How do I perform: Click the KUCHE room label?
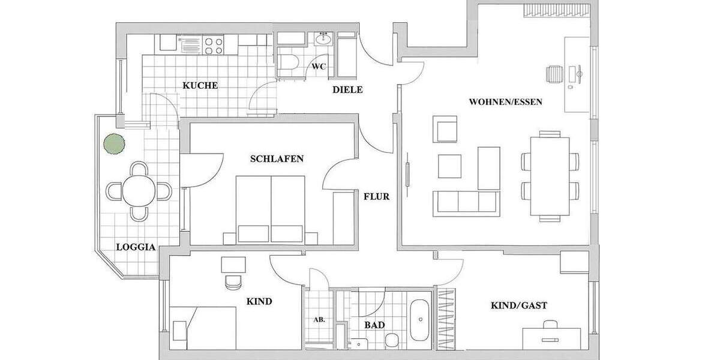[200, 86]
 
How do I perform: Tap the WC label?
[318, 67]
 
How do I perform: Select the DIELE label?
[348, 90]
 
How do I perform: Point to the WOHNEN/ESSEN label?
[505, 102]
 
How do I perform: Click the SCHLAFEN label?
[277, 159]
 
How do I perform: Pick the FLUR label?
[376, 196]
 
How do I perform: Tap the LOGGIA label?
[136, 247]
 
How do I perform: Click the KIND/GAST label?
[519, 305]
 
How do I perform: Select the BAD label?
[374, 325]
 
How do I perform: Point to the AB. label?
[319, 320]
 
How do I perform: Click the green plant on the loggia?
[114, 144]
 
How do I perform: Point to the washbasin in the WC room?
[324, 39]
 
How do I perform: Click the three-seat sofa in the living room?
[467, 202]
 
